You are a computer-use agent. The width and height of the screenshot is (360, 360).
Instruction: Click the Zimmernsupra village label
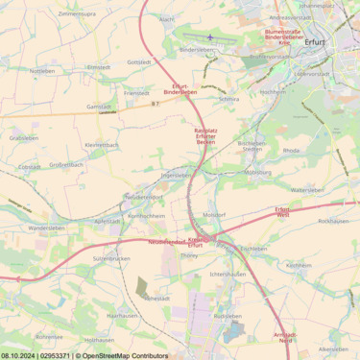77,14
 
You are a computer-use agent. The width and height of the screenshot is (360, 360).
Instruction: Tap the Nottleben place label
42,71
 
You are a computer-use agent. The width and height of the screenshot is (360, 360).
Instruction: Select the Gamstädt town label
98,107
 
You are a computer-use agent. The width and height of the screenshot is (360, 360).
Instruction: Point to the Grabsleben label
24,138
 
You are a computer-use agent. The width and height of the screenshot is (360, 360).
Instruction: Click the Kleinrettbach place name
102,145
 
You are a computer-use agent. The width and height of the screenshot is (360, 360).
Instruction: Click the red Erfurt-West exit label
282,212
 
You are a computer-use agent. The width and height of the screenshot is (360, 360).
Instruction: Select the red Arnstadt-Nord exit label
285,337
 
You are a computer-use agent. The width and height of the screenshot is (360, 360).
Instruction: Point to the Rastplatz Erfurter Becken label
205,136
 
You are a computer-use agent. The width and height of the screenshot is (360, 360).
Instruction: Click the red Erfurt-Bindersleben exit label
180,89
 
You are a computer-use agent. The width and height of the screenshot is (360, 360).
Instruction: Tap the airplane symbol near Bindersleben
210,37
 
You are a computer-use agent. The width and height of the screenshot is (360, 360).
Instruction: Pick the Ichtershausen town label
228,275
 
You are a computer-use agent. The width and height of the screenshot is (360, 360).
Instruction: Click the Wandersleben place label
47,228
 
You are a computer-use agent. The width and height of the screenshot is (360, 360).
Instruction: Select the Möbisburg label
257,173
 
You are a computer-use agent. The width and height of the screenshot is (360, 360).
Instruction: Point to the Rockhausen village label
332,221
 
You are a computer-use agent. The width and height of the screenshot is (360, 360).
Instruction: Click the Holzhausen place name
99,340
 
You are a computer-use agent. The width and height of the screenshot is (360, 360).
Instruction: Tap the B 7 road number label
155,104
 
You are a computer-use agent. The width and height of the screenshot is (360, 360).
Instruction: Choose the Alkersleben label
333,349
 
